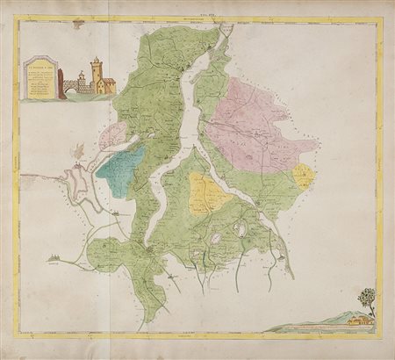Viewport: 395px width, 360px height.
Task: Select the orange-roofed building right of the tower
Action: pyautogui.click(x=106, y=84)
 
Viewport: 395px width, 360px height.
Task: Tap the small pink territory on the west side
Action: pyautogui.click(x=112, y=136)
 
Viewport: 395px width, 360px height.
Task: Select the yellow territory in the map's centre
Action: pyautogui.click(x=207, y=193)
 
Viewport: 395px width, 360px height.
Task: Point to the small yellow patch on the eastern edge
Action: pyautogui.click(x=303, y=176)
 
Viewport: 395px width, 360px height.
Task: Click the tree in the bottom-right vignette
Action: pyautogui.click(x=367, y=299)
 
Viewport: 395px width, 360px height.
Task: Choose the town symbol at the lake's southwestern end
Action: pyautogui.click(x=151, y=249)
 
